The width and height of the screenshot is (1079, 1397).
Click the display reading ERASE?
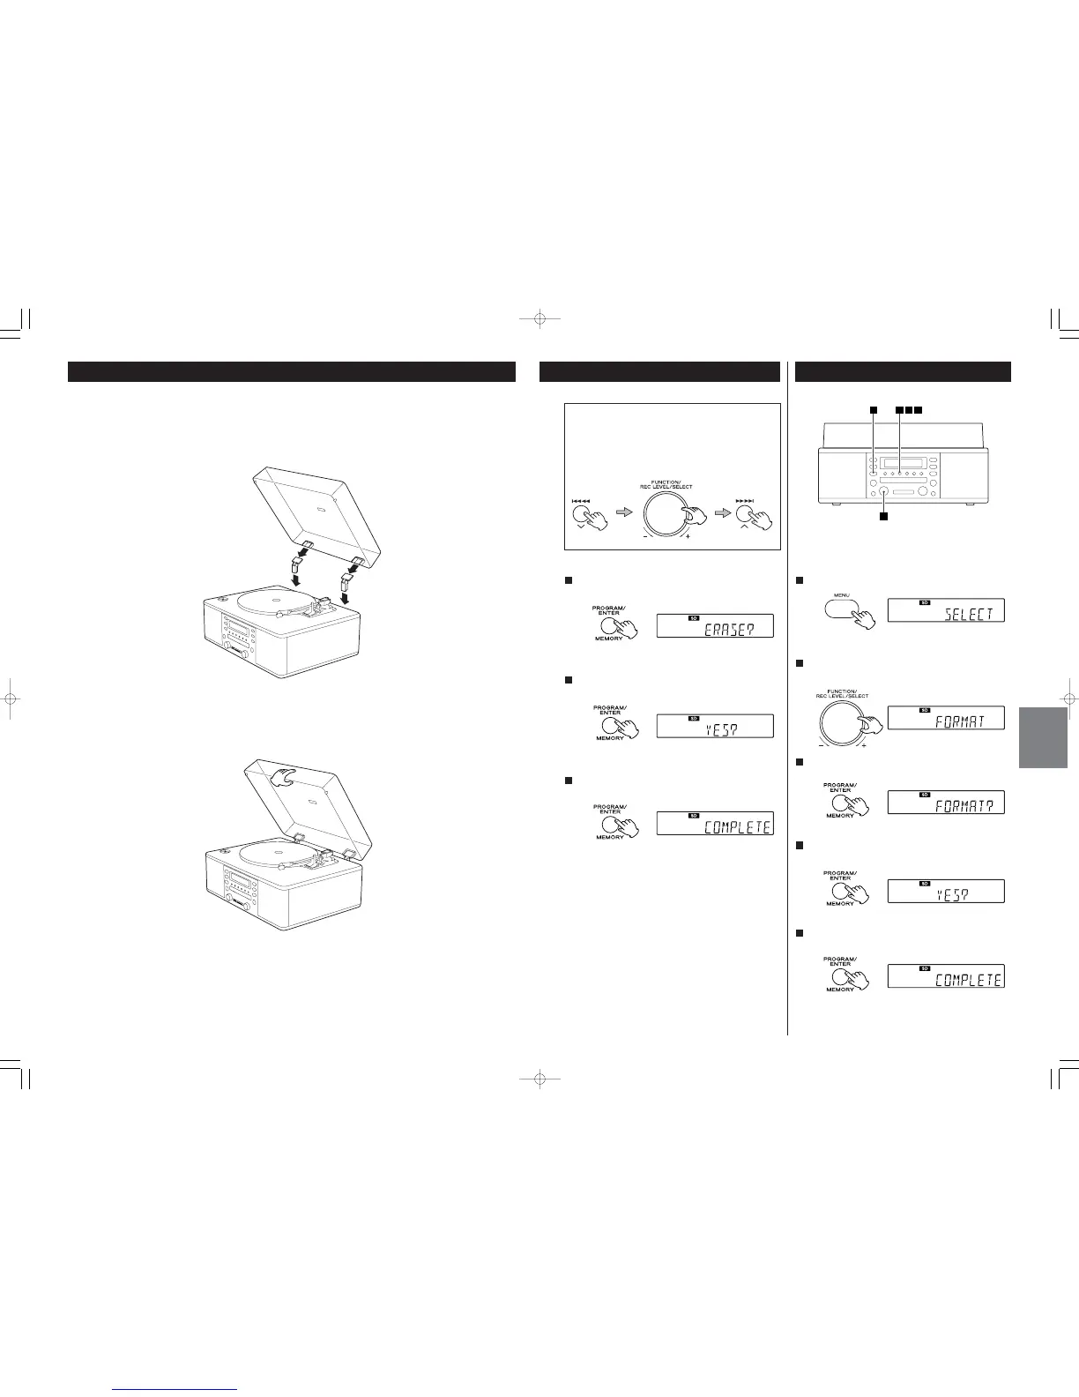pos(715,626)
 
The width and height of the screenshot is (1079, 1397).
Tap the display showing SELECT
pos(945,610)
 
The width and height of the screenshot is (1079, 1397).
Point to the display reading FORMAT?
pos(945,803)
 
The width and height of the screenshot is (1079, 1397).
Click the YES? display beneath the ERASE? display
pos(715,726)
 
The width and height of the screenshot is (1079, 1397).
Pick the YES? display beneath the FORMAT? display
pos(945,891)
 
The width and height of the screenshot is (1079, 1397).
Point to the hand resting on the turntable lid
pos(285,777)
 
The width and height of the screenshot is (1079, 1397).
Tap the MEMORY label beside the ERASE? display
pos(609,638)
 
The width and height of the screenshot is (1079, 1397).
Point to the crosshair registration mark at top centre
pos(539,319)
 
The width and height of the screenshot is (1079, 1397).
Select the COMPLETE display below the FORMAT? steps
pos(945,976)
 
